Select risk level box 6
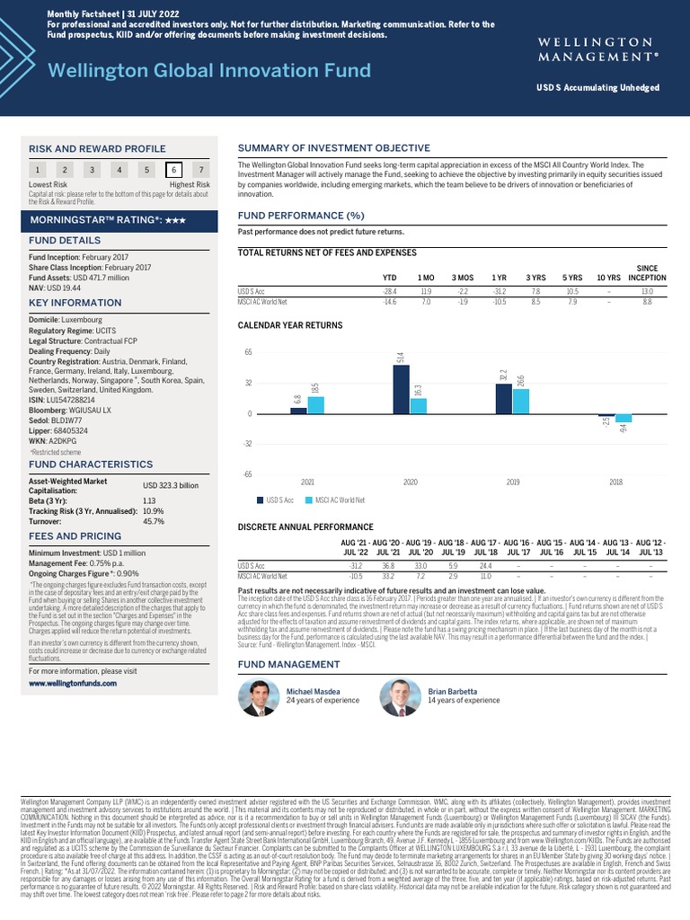[173, 170]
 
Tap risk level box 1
[37, 170]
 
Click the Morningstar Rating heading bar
[122, 219]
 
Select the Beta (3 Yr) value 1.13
[150, 500]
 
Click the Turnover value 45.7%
[154, 522]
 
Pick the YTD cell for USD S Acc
[390, 291]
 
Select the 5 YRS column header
[571, 278]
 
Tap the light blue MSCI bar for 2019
[520, 401]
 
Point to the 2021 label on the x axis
[307, 482]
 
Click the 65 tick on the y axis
[249, 352]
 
